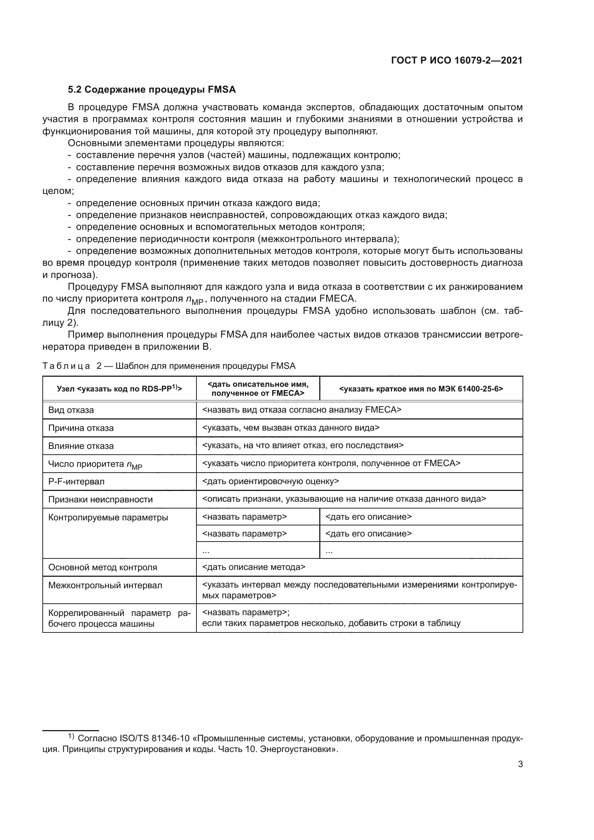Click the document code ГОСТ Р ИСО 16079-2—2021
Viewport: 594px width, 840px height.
(x=456, y=61)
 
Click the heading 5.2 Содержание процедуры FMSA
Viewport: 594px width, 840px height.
(x=152, y=90)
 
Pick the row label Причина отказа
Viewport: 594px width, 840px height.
(x=81, y=428)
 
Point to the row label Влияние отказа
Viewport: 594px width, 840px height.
(x=81, y=446)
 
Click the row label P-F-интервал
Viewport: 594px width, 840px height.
(x=76, y=482)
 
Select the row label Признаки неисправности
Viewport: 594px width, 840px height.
(x=100, y=500)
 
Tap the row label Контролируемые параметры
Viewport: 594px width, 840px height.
(x=108, y=517)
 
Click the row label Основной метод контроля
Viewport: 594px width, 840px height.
(x=102, y=567)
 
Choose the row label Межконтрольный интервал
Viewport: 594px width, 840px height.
(x=105, y=585)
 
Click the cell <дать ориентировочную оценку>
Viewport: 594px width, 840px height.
(x=270, y=482)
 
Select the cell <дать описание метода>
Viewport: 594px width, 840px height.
(x=254, y=567)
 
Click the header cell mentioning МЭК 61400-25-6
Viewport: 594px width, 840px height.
(x=421, y=389)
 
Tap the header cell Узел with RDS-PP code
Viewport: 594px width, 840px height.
(x=119, y=389)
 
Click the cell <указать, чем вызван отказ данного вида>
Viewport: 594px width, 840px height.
(x=291, y=428)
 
